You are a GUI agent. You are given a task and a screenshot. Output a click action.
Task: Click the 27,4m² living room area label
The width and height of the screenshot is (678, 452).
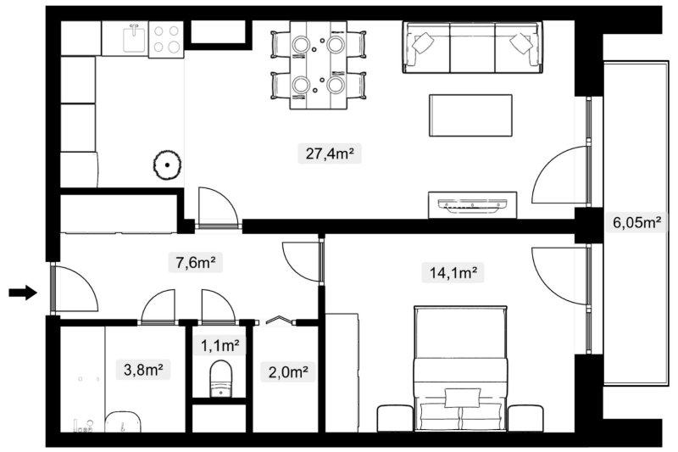[x=330, y=153]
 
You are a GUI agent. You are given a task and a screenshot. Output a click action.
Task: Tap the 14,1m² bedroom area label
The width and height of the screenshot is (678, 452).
[x=453, y=273]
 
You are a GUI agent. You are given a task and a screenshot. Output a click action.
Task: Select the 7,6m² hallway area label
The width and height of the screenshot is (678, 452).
[x=196, y=262]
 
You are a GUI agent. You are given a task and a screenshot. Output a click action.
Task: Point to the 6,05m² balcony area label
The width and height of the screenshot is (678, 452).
[x=637, y=222]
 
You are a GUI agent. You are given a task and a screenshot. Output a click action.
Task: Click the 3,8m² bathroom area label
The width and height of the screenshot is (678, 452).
[x=143, y=370]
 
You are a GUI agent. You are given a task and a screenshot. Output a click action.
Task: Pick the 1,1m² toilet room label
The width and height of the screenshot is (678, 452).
[x=220, y=345]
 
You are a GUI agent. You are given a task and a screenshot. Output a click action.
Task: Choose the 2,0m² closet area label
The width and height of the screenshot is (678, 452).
[x=288, y=371]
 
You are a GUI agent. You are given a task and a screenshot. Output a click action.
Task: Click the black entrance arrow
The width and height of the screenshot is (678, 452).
[x=23, y=293]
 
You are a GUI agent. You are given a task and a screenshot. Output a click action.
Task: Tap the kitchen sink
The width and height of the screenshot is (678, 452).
[x=135, y=38]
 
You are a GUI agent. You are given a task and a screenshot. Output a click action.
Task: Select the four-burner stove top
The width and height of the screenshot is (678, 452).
[x=166, y=39]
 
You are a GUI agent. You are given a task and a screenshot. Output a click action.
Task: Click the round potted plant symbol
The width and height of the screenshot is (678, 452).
[x=167, y=165]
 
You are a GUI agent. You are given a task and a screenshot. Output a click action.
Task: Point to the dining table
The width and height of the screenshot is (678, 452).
[x=319, y=65]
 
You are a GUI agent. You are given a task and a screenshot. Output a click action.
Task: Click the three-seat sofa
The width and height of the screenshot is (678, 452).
[x=472, y=47]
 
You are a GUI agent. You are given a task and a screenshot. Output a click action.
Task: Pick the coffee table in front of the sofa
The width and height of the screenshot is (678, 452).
[x=470, y=115]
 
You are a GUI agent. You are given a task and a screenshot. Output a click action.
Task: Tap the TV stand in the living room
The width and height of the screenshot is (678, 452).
[x=473, y=205]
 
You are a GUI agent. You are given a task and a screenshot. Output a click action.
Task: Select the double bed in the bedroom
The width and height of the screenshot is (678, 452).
[x=460, y=369]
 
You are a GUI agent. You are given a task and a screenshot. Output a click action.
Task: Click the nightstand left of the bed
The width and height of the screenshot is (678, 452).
[x=395, y=418]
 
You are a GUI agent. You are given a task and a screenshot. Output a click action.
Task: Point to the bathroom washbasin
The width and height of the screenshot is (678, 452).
[x=123, y=422]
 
